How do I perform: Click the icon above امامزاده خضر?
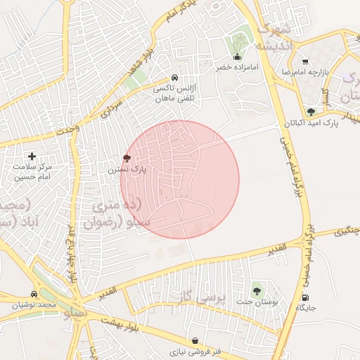tap(237, 57)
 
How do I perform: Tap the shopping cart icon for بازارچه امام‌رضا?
tap(304, 61)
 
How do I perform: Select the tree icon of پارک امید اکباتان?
tap(311, 111)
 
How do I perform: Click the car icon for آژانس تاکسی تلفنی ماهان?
tap(174, 78)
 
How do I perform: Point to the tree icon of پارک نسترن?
tap(127, 158)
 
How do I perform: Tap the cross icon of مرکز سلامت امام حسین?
tap(32, 156)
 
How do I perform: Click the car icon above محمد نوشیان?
tap(34, 294)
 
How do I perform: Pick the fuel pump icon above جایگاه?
tap(306, 296)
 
